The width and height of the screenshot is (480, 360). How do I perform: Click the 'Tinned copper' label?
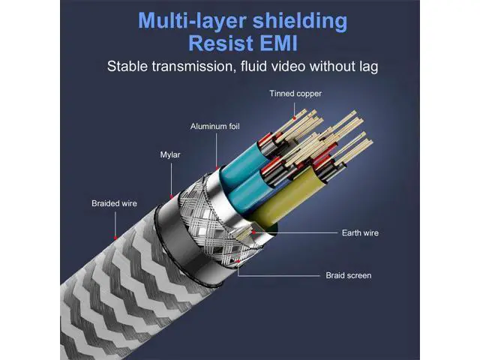[295, 94]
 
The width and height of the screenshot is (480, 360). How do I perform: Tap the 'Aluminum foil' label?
[215, 127]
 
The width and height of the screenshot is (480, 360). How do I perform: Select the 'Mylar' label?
[170, 155]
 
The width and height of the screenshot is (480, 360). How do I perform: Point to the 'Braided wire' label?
[114, 203]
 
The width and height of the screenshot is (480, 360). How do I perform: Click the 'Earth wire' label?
[360, 233]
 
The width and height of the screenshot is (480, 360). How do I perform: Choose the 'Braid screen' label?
[348, 275]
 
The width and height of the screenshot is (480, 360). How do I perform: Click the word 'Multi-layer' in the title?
[192, 21]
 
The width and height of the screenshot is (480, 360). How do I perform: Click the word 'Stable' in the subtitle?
[127, 67]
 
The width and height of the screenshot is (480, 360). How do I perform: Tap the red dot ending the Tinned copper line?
[294, 118]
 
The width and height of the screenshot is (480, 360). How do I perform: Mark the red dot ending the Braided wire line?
[115, 238]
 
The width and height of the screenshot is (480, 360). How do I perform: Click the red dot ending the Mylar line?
[172, 196]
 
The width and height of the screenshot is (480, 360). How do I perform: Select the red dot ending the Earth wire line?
[253, 232]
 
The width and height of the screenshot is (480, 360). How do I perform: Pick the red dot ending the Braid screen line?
[238, 261]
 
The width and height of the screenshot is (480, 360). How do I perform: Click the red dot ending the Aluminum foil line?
[217, 168]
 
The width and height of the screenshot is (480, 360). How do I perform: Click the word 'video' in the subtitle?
[288, 67]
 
